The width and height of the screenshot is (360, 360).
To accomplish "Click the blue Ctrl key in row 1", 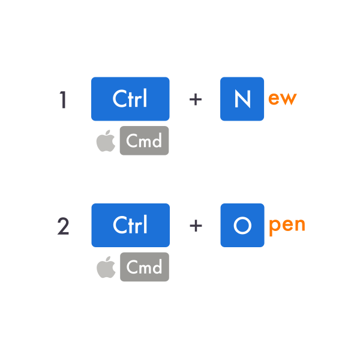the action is click(x=130, y=99).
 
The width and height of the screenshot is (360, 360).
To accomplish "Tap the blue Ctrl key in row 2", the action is click(x=130, y=225).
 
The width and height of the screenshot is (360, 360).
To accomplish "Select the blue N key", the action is click(x=242, y=99).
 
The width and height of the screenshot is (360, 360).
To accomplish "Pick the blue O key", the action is click(x=242, y=225).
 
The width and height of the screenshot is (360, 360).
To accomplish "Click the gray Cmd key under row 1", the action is click(x=144, y=140).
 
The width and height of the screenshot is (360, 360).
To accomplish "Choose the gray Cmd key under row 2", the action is click(x=145, y=267).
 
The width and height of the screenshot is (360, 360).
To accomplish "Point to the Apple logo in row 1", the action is click(x=106, y=141).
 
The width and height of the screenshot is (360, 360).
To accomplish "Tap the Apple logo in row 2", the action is click(x=106, y=267).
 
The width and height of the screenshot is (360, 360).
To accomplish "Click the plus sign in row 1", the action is click(x=196, y=100).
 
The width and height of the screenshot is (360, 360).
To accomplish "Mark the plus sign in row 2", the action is click(x=196, y=226).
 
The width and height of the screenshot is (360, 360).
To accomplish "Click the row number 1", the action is click(x=63, y=100).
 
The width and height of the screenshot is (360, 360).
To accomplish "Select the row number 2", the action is click(x=63, y=226).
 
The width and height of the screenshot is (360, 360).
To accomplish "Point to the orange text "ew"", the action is click(x=283, y=99).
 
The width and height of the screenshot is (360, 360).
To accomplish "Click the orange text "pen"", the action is click(x=287, y=227).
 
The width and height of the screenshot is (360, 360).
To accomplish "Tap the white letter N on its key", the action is click(x=242, y=99).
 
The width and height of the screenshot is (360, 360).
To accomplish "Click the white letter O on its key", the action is click(x=242, y=226).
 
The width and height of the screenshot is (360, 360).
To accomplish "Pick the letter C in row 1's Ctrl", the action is click(x=119, y=98).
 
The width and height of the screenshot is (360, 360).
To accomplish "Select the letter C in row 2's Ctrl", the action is click(x=119, y=225).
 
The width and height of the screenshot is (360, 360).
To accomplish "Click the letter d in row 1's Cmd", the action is click(x=157, y=140).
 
